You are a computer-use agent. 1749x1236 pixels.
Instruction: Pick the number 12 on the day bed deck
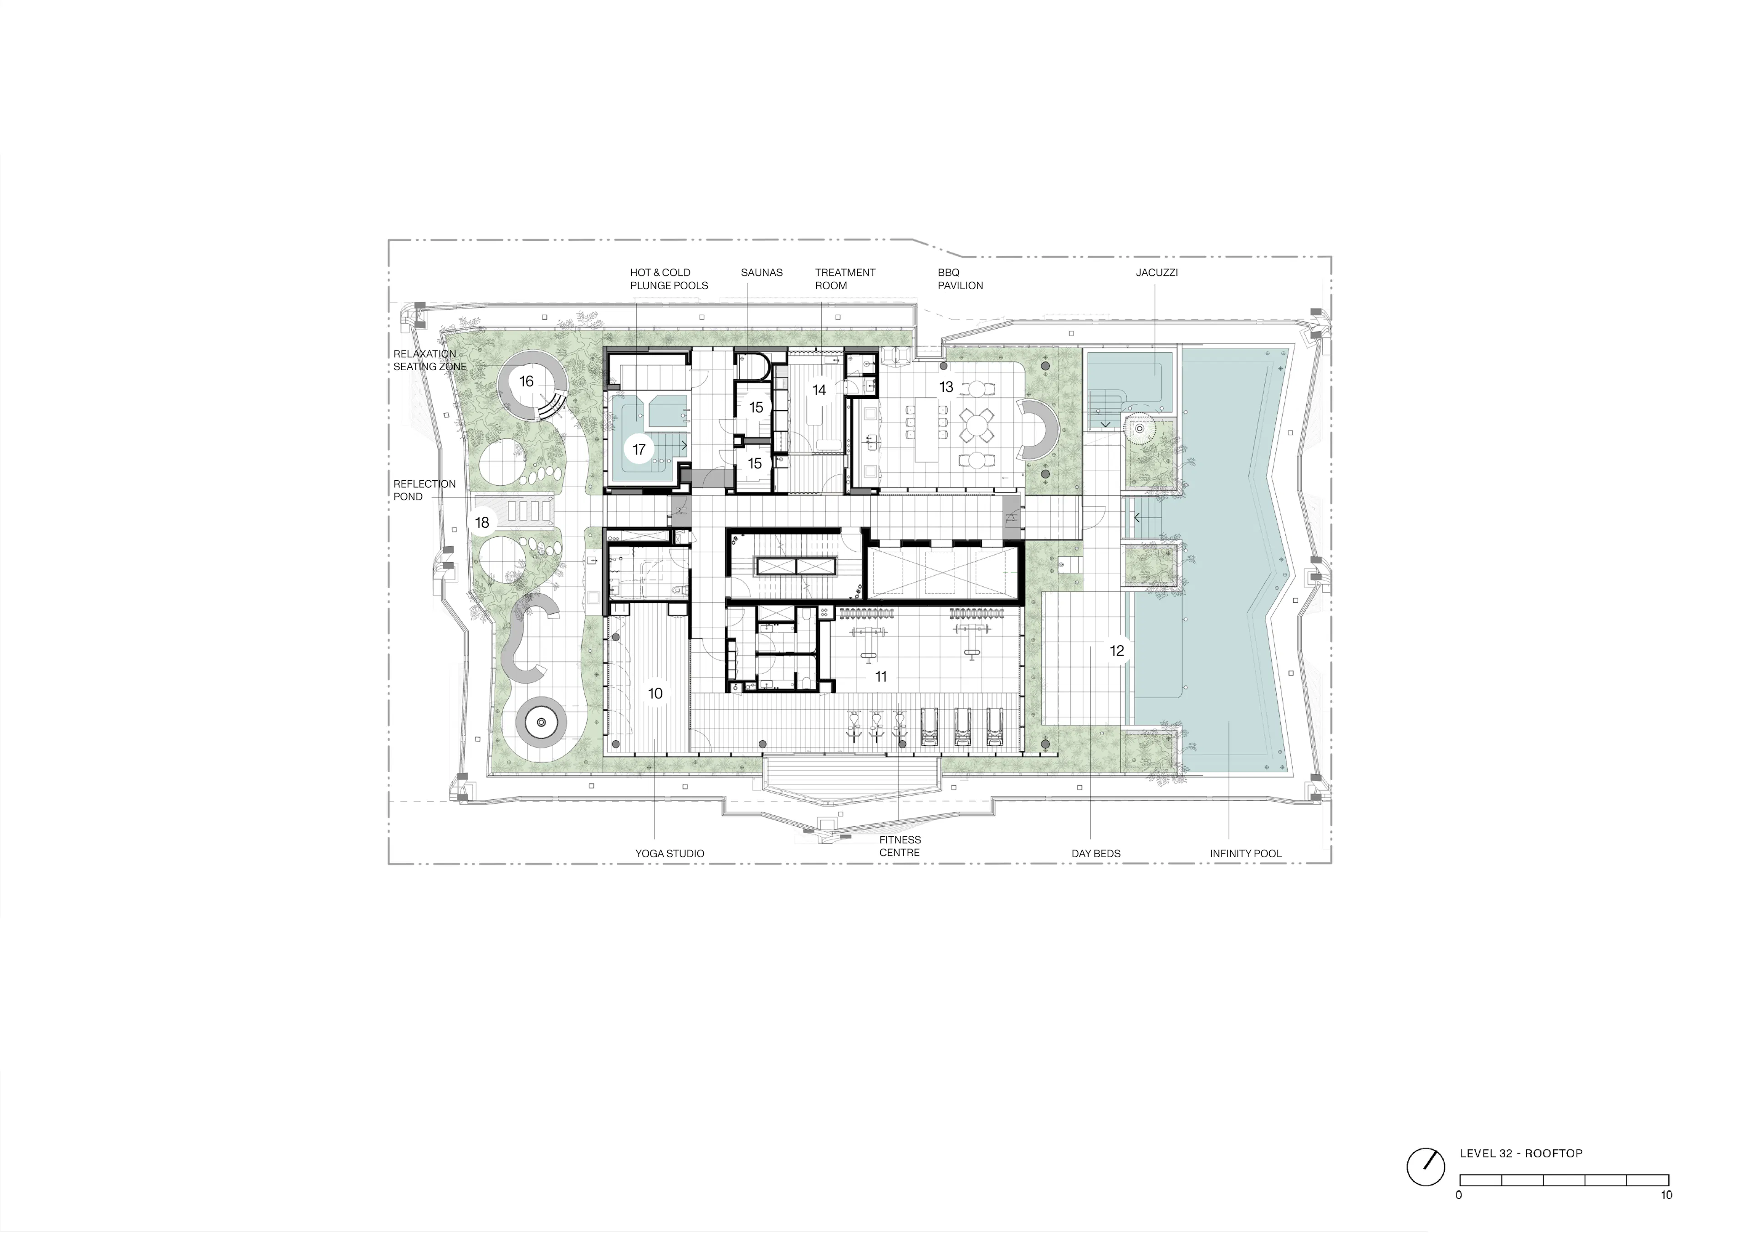tap(1117, 651)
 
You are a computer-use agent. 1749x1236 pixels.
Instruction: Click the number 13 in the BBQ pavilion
tap(946, 387)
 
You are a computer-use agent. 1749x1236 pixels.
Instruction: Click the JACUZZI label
tap(1156, 273)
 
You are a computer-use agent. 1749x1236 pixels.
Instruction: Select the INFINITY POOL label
tap(1245, 854)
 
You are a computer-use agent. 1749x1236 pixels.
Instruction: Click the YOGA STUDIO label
tap(670, 854)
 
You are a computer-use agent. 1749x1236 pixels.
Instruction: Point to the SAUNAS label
tap(761, 273)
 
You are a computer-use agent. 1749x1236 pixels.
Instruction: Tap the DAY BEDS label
tap(1095, 854)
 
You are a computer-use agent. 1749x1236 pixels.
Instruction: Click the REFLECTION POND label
tap(424, 490)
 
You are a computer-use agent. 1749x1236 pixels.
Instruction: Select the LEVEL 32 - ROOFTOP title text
tap(1520, 1154)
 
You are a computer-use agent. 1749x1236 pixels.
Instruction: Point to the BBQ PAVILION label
tap(960, 279)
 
